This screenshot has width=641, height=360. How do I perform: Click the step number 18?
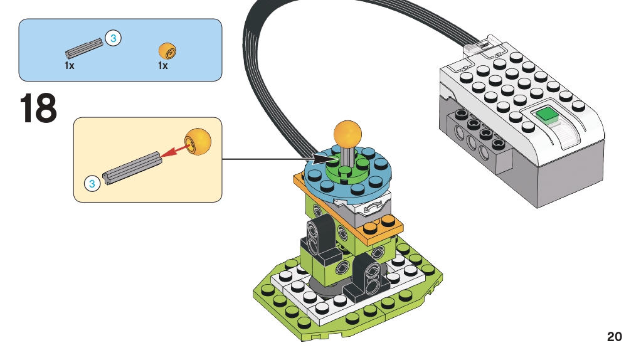[x=39, y=109]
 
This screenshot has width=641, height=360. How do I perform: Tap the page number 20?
[x=614, y=337]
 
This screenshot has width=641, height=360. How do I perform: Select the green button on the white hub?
[x=547, y=116]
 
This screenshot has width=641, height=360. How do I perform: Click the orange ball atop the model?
[x=348, y=133]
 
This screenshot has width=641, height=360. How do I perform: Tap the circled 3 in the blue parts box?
[x=113, y=39]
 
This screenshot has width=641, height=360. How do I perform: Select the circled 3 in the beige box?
[x=92, y=184]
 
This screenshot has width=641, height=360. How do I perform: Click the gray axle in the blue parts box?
[x=84, y=48]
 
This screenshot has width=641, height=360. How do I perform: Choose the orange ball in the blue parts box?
[x=166, y=50]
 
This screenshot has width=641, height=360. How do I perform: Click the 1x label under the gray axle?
[x=69, y=65]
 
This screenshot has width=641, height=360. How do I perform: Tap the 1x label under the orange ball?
[x=162, y=65]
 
